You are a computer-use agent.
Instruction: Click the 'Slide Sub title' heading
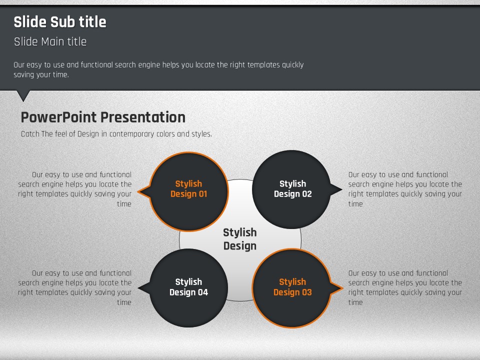[x=60, y=22]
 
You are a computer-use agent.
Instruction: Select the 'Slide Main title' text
[x=50, y=41]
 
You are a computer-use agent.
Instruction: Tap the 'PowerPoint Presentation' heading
[x=103, y=117]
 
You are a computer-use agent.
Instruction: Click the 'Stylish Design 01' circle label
[x=189, y=189]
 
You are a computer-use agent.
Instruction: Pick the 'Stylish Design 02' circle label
[x=292, y=189]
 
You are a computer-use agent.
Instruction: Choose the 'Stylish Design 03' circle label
[x=292, y=287]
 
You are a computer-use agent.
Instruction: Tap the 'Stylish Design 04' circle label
[x=189, y=287]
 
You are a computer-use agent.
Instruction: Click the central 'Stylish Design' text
[x=240, y=239]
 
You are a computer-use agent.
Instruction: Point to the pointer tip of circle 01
[x=138, y=192]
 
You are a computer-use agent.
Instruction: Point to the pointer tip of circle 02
[x=342, y=189]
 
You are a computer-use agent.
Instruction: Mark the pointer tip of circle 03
[x=343, y=288]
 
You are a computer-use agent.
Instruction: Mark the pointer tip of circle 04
[x=138, y=288]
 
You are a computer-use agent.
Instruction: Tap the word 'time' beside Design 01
[x=124, y=204]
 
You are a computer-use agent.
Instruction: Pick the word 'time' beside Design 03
[x=355, y=302]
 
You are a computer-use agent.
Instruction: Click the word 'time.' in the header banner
[x=61, y=74]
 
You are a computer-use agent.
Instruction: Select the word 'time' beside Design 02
[x=355, y=204]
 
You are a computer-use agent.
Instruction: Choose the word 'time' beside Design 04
[x=124, y=302]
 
